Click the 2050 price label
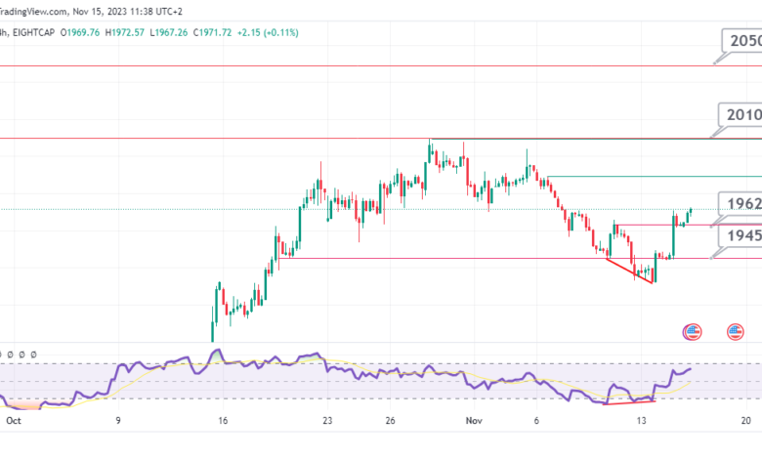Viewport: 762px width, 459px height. click(x=741, y=41)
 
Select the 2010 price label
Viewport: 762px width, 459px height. click(x=741, y=115)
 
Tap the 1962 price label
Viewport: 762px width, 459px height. click(x=740, y=203)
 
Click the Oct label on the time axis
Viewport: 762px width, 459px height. click(x=12, y=421)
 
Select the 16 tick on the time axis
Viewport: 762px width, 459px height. click(x=223, y=421)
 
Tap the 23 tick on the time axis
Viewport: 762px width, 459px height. click(x=327, y=421)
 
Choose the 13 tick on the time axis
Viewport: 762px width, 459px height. click(x=641, y=421)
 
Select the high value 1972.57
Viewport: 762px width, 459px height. click(x=142, y=33)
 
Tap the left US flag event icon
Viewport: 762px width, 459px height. click(x=693, y=332)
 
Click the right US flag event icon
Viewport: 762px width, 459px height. click(x=734, y=332)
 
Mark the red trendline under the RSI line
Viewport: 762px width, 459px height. click(x=630, y=400)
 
